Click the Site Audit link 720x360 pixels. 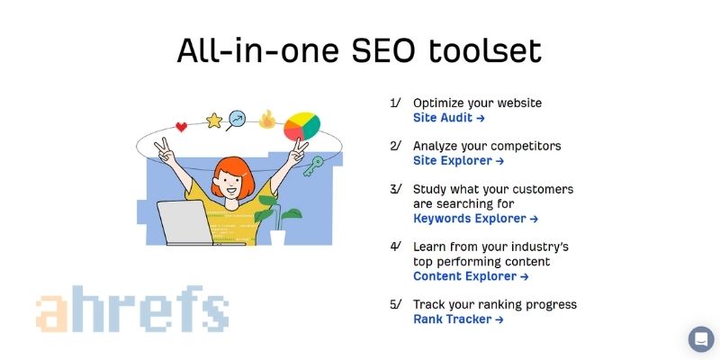point(449,118)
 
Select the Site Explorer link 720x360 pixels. point(458,161)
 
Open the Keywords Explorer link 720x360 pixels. point(475,219)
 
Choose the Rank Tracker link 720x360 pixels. point(458,319)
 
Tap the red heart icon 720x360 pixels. point(181,127)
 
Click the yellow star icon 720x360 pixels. point(214,120)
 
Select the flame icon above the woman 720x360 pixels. point(267,119)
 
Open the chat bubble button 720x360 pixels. point(701,339)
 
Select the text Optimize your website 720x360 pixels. point(477,103)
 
